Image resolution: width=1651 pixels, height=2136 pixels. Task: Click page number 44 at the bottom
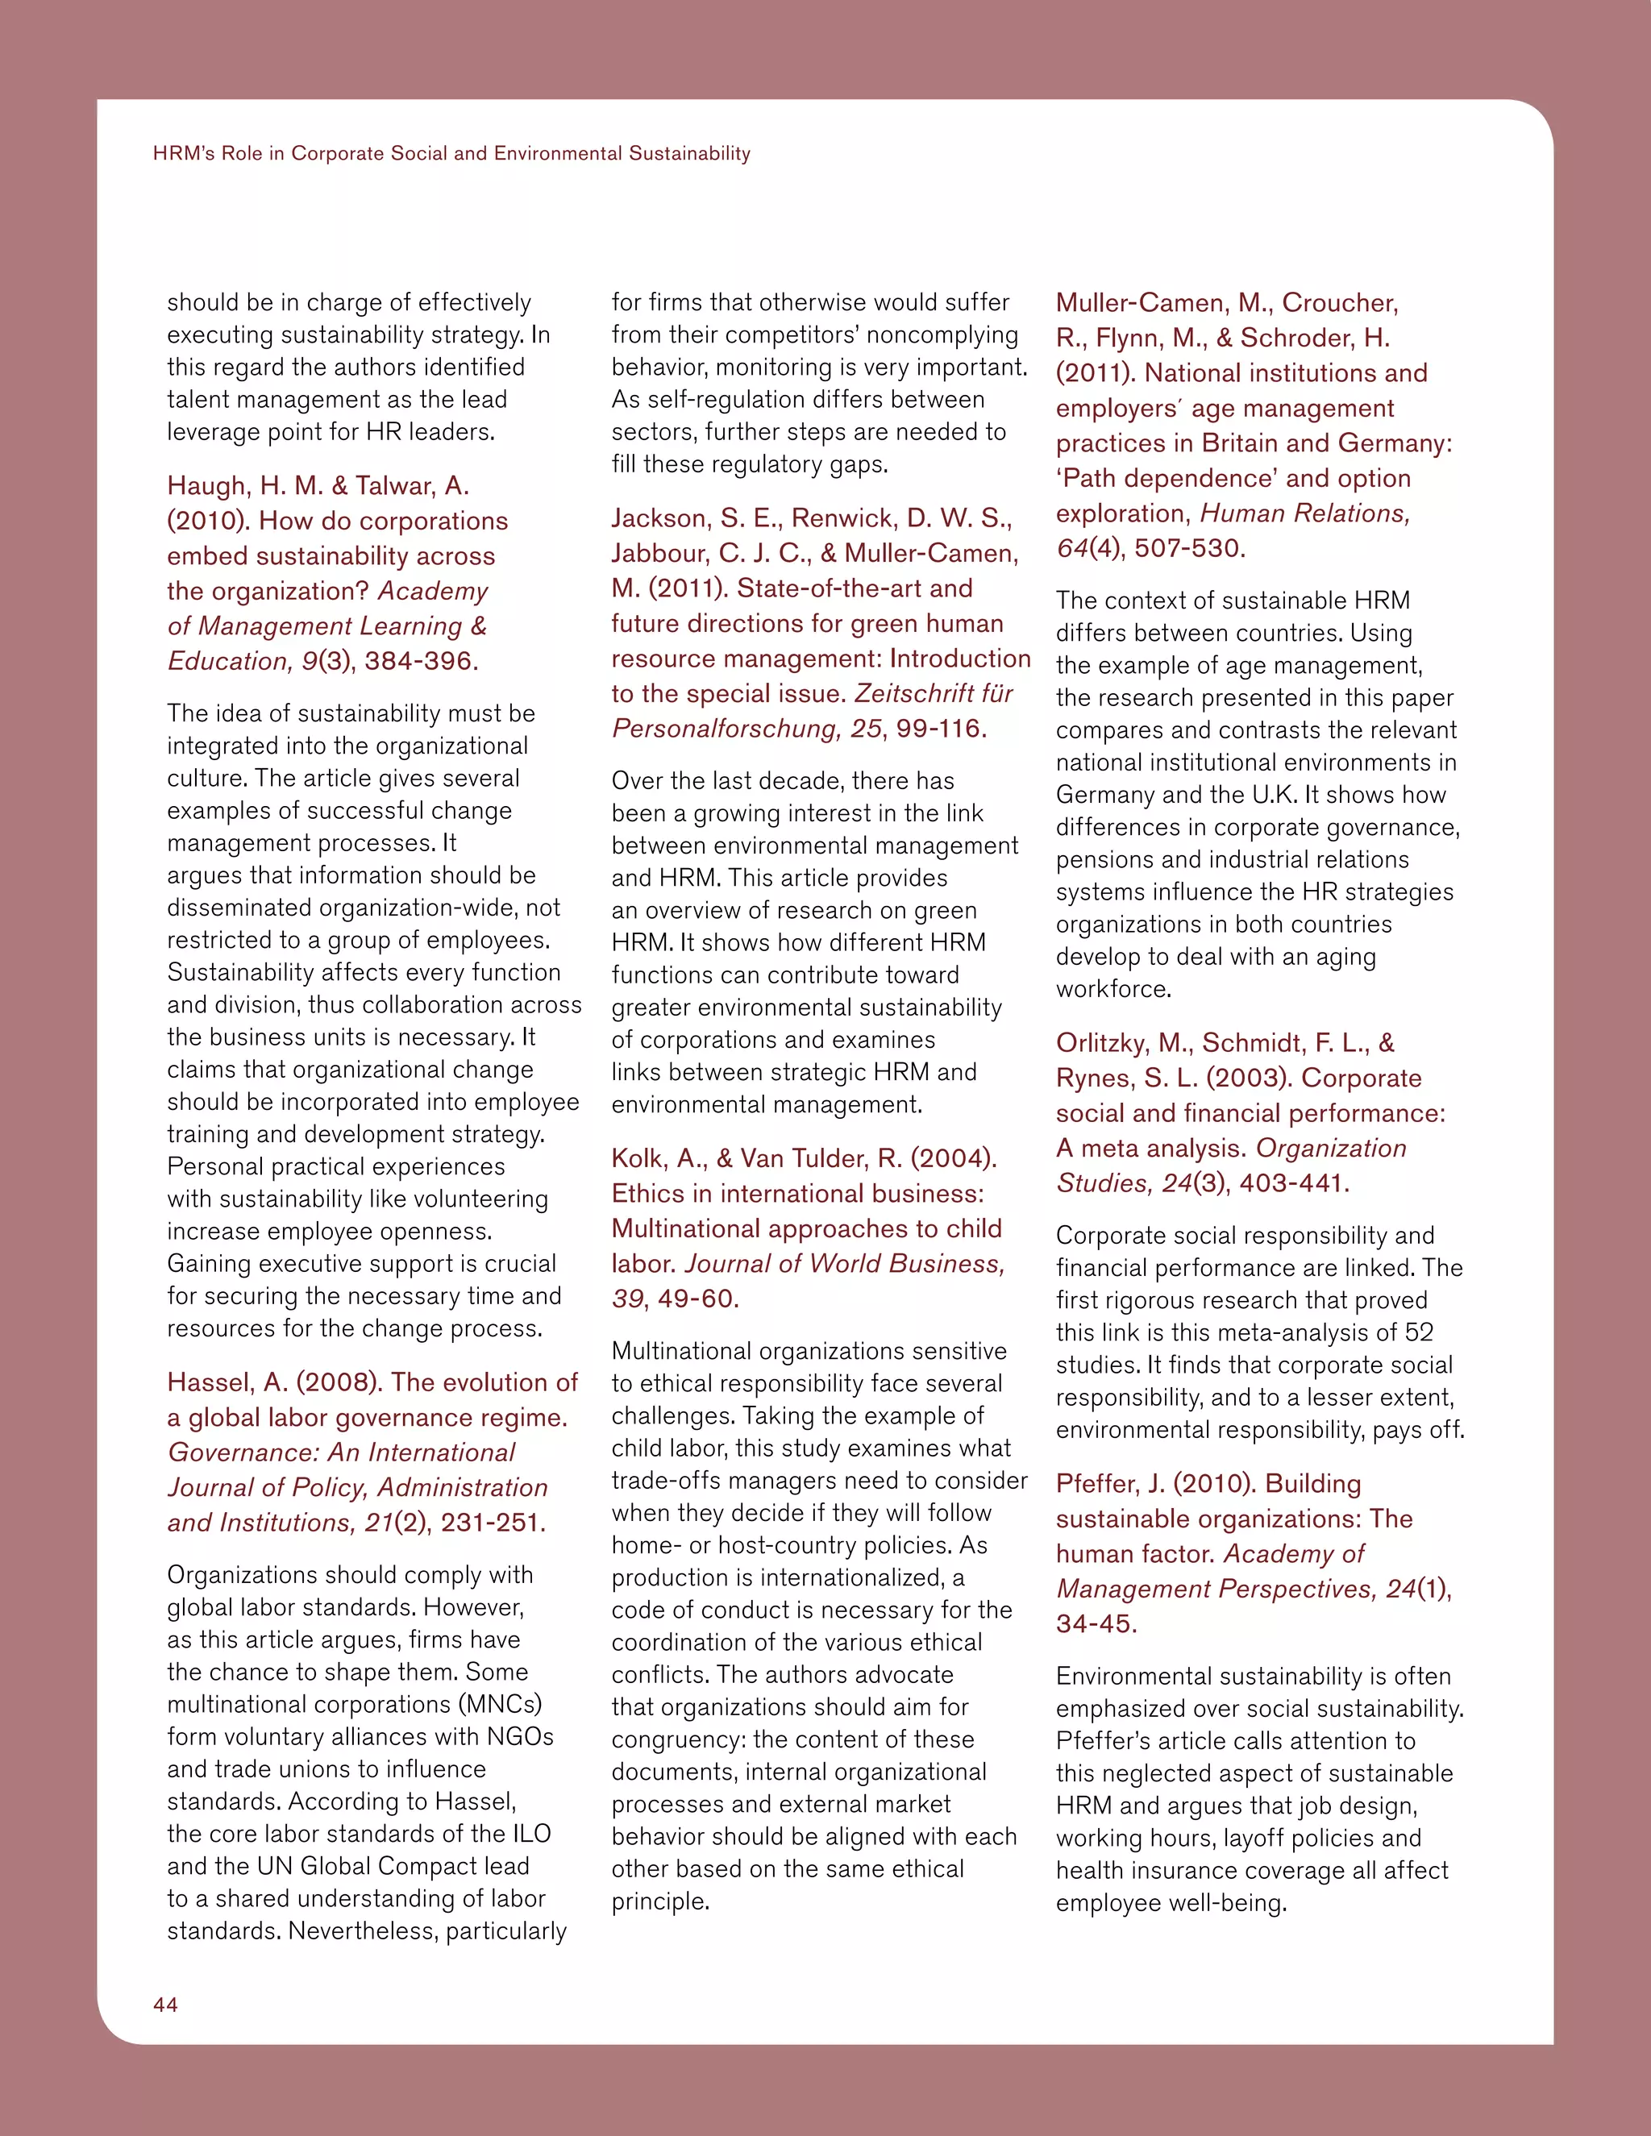coord(165,2005)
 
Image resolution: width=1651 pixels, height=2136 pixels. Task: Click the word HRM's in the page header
coord(184,153)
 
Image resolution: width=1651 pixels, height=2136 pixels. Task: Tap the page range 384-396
coord(418,661)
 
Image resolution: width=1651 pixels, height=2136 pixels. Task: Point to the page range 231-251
coord(491,1523)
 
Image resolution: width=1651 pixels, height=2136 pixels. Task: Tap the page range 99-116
coord(940,729)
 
